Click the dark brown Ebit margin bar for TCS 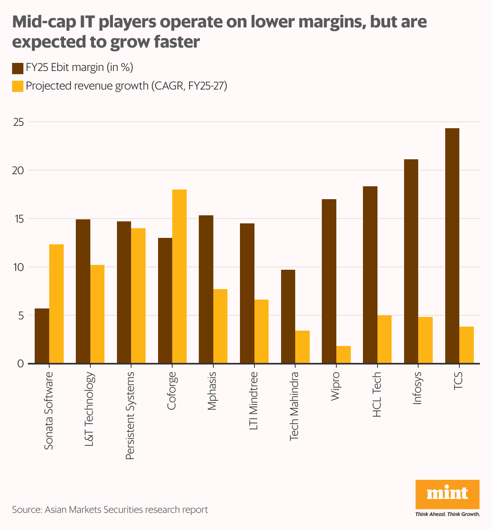(452, 246)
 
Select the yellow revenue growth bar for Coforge (179, 277)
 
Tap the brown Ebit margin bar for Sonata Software (42, 336)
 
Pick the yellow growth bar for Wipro (344, 355)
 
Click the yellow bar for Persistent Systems (138, 296)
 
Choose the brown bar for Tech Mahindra (288, 317)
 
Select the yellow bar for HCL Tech (384, 339)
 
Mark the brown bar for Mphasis (206, 289)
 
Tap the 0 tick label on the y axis (21, 364)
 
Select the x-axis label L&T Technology (90, 409)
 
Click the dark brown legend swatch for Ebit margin (18, 68)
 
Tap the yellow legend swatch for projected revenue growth (18, 86)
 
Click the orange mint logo (447, 494)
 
